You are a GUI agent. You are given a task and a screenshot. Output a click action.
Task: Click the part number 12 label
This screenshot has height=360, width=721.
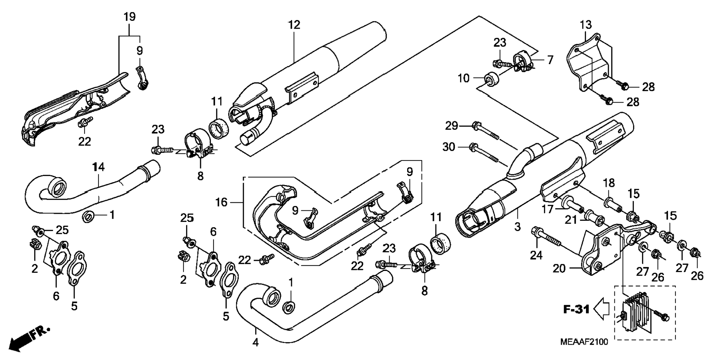(294, 25)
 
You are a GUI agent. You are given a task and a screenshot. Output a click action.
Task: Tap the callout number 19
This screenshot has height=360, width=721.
(129, 17)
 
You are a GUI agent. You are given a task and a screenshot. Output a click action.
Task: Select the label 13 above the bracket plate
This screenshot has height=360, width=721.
(586, 25)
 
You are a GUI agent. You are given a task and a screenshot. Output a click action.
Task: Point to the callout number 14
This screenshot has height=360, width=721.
(98, 167)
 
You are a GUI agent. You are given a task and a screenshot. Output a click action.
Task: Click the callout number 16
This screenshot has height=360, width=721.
(221, 202)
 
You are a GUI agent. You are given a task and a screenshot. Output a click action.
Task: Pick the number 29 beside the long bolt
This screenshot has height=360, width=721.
(451, 126)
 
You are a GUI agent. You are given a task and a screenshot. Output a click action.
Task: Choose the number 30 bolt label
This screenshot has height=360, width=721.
(449, 147)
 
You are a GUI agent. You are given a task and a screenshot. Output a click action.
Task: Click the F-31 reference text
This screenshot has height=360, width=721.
(576, 309)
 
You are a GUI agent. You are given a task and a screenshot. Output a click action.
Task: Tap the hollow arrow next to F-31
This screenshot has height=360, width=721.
(601, 309)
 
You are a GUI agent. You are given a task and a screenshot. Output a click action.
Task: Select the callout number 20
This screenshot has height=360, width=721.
(559, 268)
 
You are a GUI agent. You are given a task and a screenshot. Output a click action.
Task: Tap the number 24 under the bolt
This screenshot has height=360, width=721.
(536, 255)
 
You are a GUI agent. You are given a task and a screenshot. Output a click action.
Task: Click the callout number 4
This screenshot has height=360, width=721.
(255, 342)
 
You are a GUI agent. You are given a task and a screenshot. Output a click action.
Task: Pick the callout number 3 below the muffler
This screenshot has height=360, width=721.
(517, 226)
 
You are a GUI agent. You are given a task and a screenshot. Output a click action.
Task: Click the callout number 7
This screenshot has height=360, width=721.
(550, 60)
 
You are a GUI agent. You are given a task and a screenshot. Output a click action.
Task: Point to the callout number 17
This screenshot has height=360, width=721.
(548, 210)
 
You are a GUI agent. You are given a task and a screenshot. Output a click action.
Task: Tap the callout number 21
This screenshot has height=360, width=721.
(570, 220)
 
